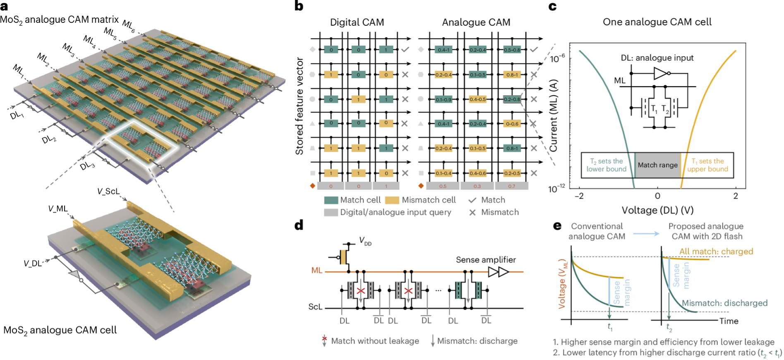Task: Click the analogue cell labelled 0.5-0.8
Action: [x=512, y=50]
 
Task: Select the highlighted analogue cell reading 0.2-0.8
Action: [x=512, y=99]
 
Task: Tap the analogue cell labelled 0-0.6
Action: [x=512, y=124]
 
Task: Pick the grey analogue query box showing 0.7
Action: [x=512, y=186]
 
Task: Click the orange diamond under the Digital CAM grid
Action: [x=312, y=186]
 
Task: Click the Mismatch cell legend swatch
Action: [x=392, y=200]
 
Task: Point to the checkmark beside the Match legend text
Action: [x=472, y=200]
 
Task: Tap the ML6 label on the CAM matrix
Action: [x=129, y=26]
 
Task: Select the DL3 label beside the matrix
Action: [x=87, y=166]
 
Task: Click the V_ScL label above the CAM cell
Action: [x=108, y=191]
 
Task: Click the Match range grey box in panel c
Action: [x=657, y=165]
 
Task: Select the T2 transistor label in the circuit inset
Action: [x=665, y=109]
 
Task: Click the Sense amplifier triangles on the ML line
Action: [x=498, y=272]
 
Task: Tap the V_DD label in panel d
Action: [x=365, y=241]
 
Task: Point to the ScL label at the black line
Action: [x=315, y=307]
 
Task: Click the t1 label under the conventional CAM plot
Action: [x=610, y=327]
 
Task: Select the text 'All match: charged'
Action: [x=716, y=252]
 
